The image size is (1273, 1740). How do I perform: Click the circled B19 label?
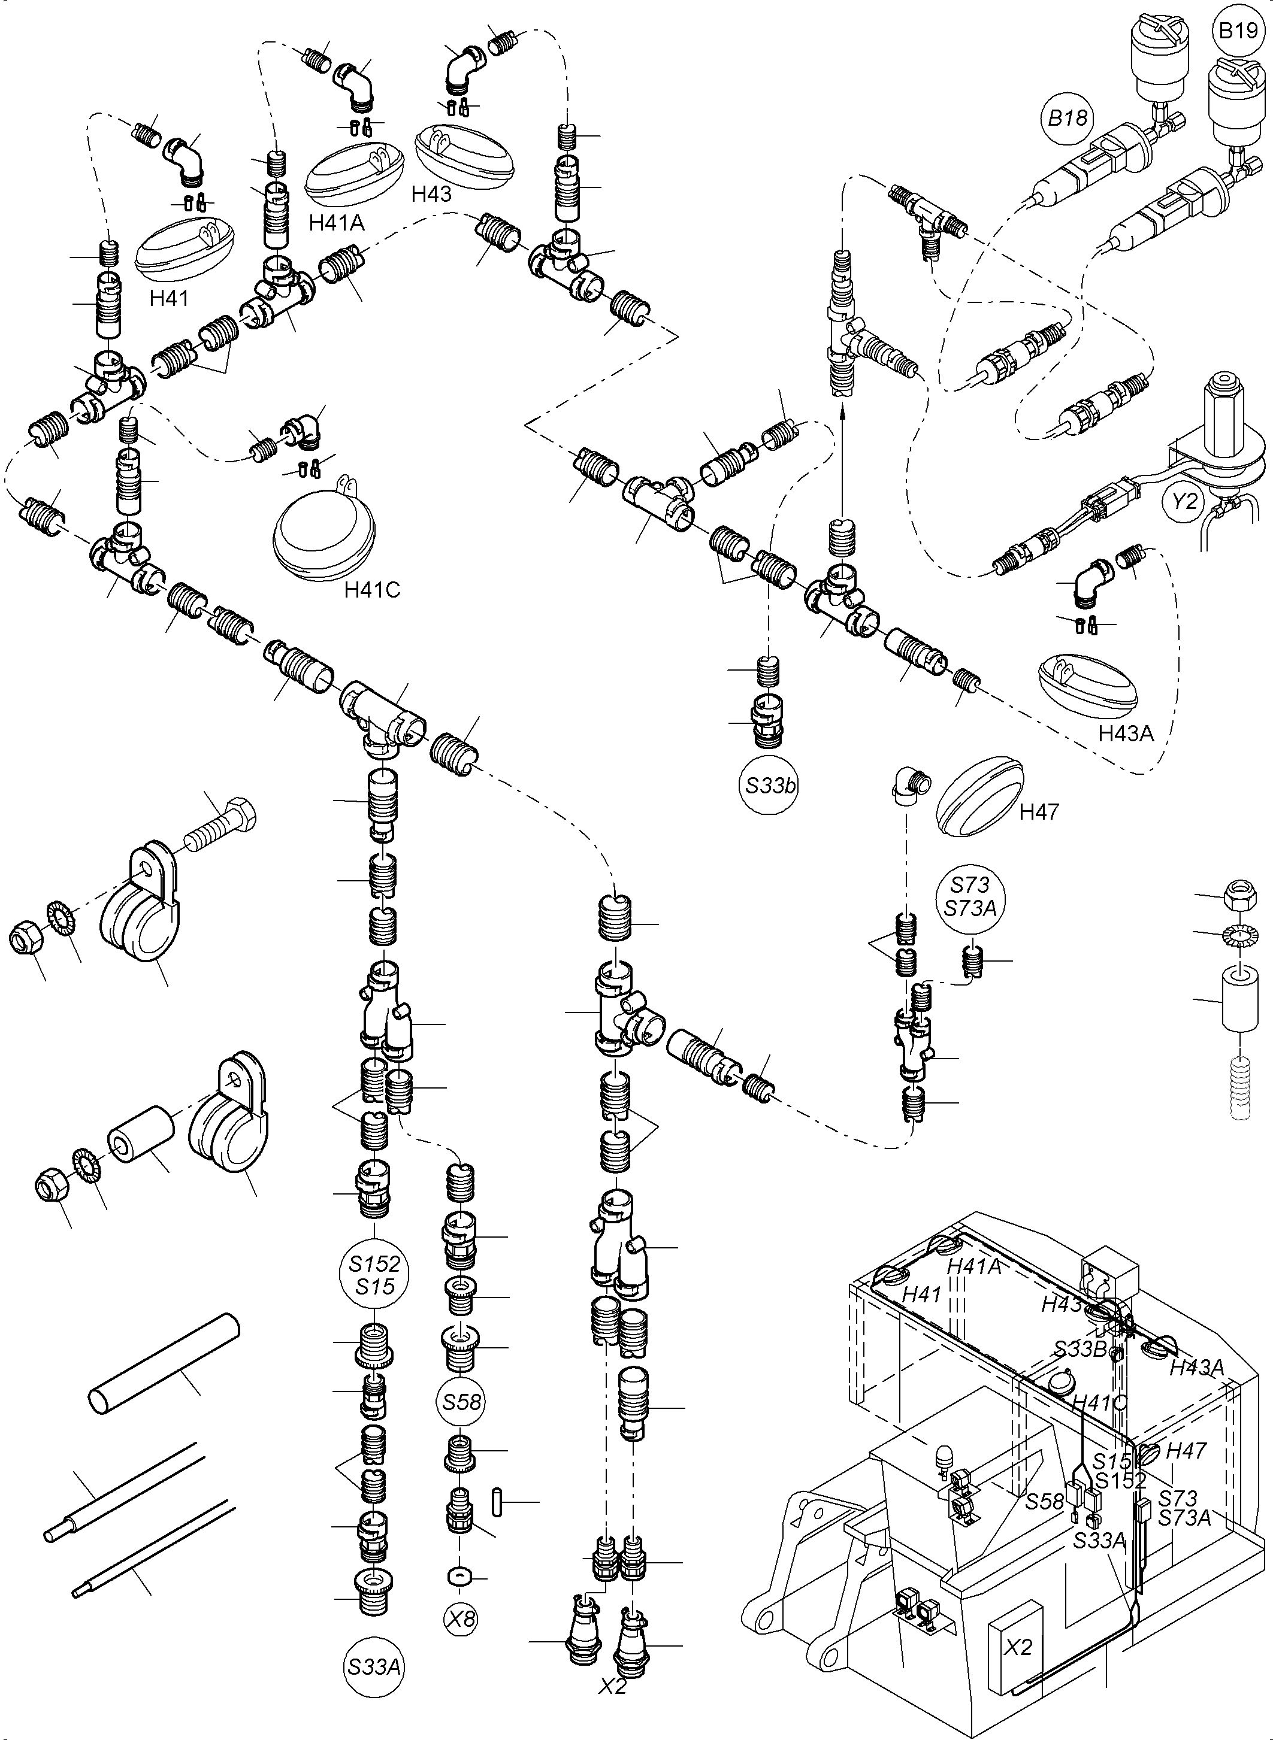coord(1239,32)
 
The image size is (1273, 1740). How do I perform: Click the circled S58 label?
coord(462,1402)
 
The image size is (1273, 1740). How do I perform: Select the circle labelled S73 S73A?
coord(970,896)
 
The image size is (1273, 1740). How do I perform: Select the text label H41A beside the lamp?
coord(336,223)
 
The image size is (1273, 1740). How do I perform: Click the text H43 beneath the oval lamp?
coord(431,193)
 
